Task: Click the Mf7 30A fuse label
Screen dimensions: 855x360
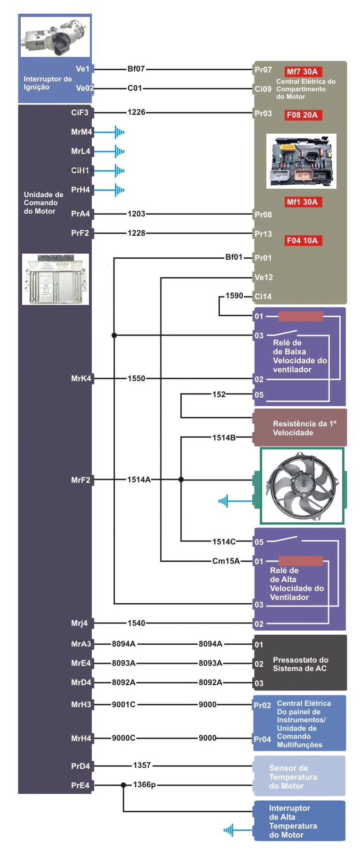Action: pos(302,72)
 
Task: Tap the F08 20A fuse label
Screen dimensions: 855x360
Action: pos(302,115)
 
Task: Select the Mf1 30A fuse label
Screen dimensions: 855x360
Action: pos(302,202)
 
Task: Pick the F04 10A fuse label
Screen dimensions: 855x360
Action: pos(302,240)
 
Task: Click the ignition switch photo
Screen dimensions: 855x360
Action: pos(55,36)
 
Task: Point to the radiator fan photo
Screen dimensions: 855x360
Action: pos(302,486)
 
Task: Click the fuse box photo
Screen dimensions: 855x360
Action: pos(301,161)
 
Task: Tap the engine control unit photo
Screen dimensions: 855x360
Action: pos(56,279)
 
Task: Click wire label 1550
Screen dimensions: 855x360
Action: pos(136,378)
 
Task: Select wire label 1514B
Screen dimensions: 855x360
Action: pos(224,438)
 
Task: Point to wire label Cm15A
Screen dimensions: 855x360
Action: pos(226,561)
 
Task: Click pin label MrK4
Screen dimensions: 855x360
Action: pos(81,378)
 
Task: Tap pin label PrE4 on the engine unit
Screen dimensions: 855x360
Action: pos(80,785)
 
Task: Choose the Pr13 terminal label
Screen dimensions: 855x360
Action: pos(263,234)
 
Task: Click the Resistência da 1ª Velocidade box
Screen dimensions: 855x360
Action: pos(300,428)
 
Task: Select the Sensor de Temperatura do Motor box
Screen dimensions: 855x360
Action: pos(300,777)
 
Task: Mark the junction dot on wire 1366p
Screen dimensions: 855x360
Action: pos(123,785)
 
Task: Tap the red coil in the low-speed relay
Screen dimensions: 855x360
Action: pos(301,316)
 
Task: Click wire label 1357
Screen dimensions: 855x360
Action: pos(142,765)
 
